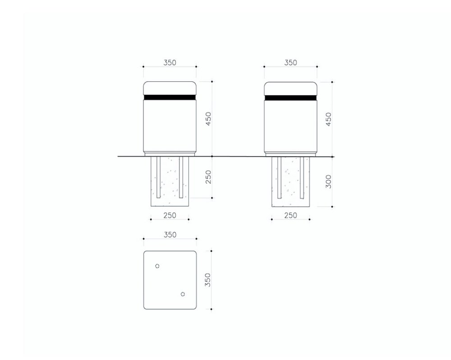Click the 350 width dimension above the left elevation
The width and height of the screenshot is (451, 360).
click(x=170, y=62)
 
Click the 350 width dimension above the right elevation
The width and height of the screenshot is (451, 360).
click(x=290, y=62)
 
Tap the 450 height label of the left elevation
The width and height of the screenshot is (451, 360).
click(x=208, y=118)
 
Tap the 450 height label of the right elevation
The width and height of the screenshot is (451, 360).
click(x=328, y=119)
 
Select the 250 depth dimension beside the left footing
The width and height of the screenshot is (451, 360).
click(x=208, y=177)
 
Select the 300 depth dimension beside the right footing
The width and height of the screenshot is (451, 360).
click(x=328, y=181)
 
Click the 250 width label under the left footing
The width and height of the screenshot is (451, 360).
click(x=170, y=215)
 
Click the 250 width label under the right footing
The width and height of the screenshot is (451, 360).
click(x=290, y=215)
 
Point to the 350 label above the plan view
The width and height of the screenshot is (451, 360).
click(x=170, y=235)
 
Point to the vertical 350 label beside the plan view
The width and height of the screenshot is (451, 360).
click(x=207, y=280)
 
